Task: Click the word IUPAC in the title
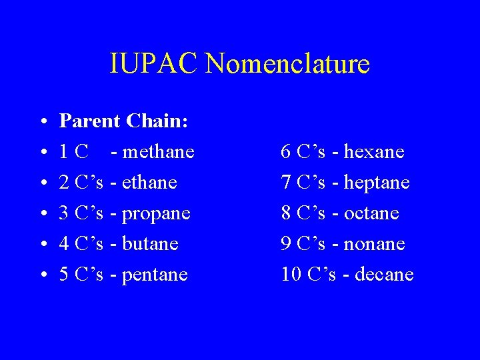[x=155, y=65]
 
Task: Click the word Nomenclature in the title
[x=288, y=65]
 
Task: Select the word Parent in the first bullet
[x=89, y=121]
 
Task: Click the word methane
[x=159, y=152]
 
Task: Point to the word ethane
[x=150, y=183]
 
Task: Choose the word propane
[x=157, y=213]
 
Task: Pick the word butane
[x=151, y=244]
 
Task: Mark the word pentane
[x=155, y=275]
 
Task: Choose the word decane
[x=386, y=275]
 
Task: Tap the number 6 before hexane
[x=286, y=152]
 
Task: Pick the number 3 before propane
[x=65, y=213]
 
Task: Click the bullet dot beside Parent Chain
[x=43, y=123]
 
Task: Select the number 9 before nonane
[x=286, y=244]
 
